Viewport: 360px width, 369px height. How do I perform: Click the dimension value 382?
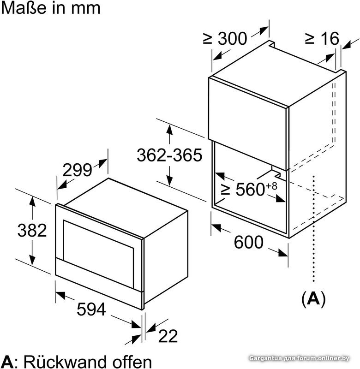(32, 230)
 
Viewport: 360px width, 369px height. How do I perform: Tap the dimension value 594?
(91, 309)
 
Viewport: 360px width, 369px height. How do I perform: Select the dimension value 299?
(77, 170)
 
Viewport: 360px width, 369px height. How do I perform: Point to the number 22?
(168, 336)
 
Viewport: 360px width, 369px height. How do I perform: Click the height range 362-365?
(169, 155)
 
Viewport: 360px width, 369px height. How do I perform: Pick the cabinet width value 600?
(249, 242)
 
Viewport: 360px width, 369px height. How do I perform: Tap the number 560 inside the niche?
(251, 189)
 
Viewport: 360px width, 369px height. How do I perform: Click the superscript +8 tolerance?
(271, 186)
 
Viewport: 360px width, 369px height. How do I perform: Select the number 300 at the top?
(233, 38)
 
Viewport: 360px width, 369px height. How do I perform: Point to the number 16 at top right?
(331, 38)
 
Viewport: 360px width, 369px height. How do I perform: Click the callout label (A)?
(313, 298)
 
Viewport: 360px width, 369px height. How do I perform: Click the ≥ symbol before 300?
(208, 39)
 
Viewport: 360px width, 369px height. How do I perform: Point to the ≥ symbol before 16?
(310, 39)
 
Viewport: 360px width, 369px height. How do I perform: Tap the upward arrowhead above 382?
(32, 202)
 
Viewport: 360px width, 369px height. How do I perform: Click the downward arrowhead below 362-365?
(169, 180)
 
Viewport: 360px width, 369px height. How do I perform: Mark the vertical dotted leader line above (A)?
(314, 228)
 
